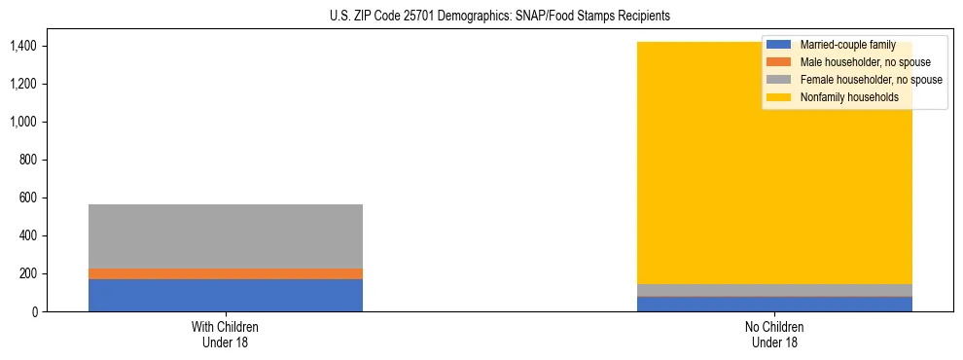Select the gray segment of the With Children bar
226,235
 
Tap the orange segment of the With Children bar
226,273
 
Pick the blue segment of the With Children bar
226,295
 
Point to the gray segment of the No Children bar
775,290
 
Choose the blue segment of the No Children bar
775,305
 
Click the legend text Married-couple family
847,45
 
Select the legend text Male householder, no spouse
865,62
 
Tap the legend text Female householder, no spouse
871,80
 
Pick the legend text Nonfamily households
848,97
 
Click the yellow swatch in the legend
779,97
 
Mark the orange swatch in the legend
779,62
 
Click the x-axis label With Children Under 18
226,335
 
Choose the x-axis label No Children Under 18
775,335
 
